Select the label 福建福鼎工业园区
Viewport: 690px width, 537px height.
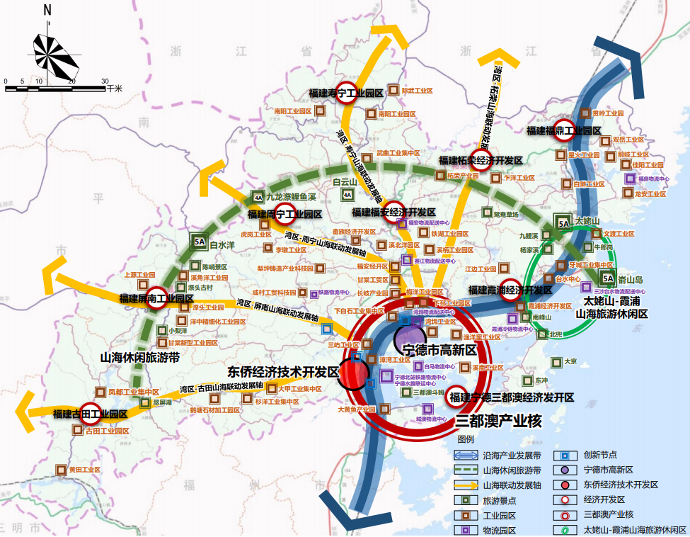coord(563,130)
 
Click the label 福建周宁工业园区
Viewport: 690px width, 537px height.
coord(284,213)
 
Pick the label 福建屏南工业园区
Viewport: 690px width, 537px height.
coord(156,298)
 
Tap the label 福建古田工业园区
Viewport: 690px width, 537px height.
coord(90,413)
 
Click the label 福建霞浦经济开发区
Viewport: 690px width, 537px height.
coord(510,290)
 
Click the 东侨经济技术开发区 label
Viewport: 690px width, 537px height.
coord(283,371)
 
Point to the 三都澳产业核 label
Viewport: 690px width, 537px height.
coord(498,422)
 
